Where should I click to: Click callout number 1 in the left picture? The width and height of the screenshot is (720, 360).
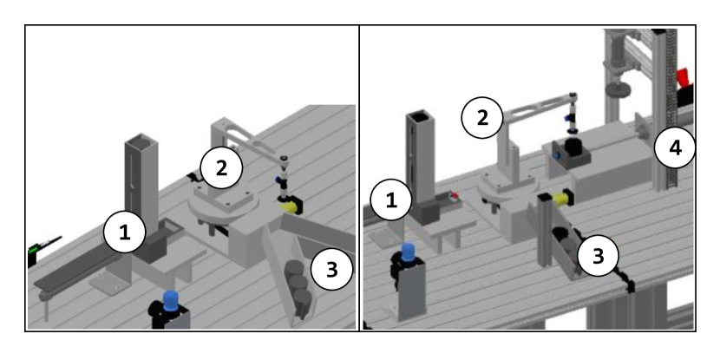(x=125, y=232)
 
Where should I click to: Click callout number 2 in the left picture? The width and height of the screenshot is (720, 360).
(x=221, y=168)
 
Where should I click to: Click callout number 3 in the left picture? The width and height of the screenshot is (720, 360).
(x=331, y=269)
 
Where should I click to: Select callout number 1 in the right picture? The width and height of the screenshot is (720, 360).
(x=390, y=200)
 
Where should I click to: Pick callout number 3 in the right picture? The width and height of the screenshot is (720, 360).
(x=599, y=256)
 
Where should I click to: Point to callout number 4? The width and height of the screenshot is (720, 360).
(x=674, y=149)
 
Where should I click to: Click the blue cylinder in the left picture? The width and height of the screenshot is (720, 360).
(x=173, y=302)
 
